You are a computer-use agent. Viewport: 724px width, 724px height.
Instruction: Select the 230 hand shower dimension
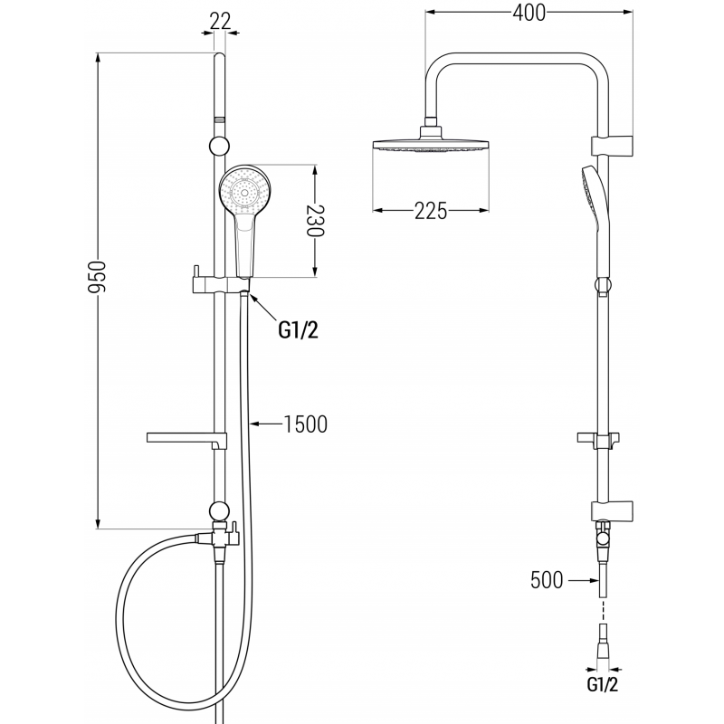coord(315,219)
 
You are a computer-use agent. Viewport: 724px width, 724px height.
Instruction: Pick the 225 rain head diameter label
coord(432,211)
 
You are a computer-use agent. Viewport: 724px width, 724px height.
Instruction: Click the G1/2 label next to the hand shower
coord(300,330)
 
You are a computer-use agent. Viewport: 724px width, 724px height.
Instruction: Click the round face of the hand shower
coord(243,192)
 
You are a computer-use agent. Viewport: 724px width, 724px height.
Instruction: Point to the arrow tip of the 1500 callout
coord(253,423)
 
